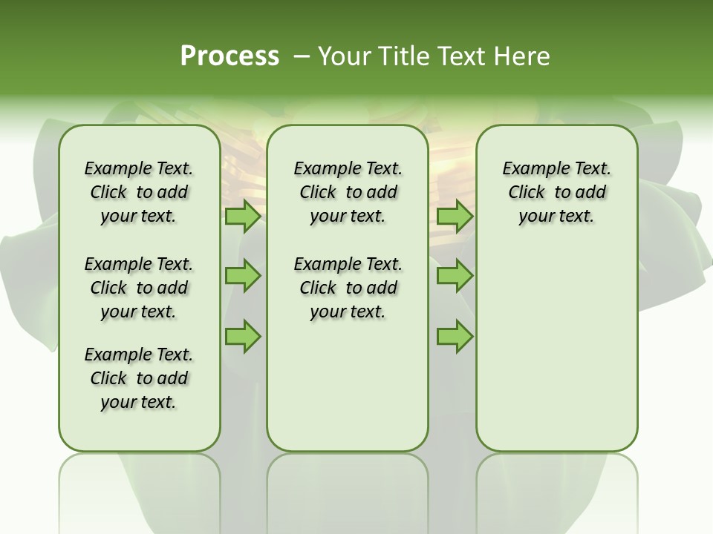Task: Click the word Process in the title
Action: tap(229, 56)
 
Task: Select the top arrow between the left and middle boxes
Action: tap(243, 217)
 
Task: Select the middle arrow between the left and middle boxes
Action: tap(243, 276)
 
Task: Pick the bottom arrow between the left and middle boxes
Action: tap(243, 336)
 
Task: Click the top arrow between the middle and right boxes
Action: tap(455, 217)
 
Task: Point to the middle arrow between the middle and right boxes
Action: tap(455, 276)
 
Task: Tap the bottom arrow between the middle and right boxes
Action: tap(455, 336)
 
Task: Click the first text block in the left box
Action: tap(139, 192)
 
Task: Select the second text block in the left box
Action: tap(139, 288)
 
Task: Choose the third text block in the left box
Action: tap(139, 378)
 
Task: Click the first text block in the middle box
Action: tap(348, 192)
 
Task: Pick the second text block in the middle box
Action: tap(348, 288)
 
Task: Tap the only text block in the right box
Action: tap(556, 192)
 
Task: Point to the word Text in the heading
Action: tap(464, 56)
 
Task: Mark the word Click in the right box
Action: tap(527, 193)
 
